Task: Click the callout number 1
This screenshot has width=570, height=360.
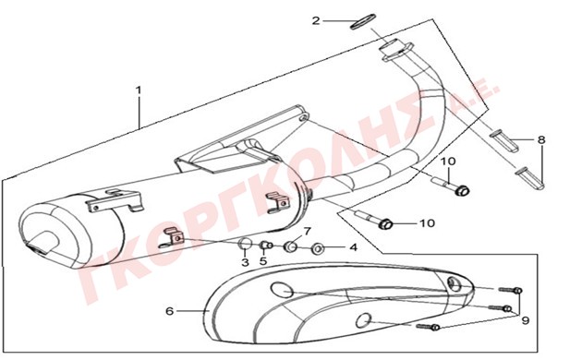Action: [x=139, y=90]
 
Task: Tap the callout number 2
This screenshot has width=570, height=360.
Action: [x=316, y=20]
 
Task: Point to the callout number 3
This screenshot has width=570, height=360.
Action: [x=246, y=262]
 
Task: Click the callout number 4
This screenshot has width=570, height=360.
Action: [x=353, y=247]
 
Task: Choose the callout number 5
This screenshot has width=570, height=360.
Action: [x=263, y=261]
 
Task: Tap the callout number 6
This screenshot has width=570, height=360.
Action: [x=169, y=311]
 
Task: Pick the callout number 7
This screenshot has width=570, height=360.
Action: [x=308, y=231]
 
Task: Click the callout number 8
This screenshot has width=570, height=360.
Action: [x=541, y=139]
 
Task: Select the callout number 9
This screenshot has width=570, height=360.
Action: [x=525, y=320]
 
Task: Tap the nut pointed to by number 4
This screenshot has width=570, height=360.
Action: [x=318, y=249]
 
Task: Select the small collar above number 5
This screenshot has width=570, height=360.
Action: [x=266, y=246]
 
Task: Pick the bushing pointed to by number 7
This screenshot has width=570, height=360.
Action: [x=291, y=247]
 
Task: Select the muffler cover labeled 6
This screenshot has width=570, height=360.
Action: [x=340, y=305]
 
